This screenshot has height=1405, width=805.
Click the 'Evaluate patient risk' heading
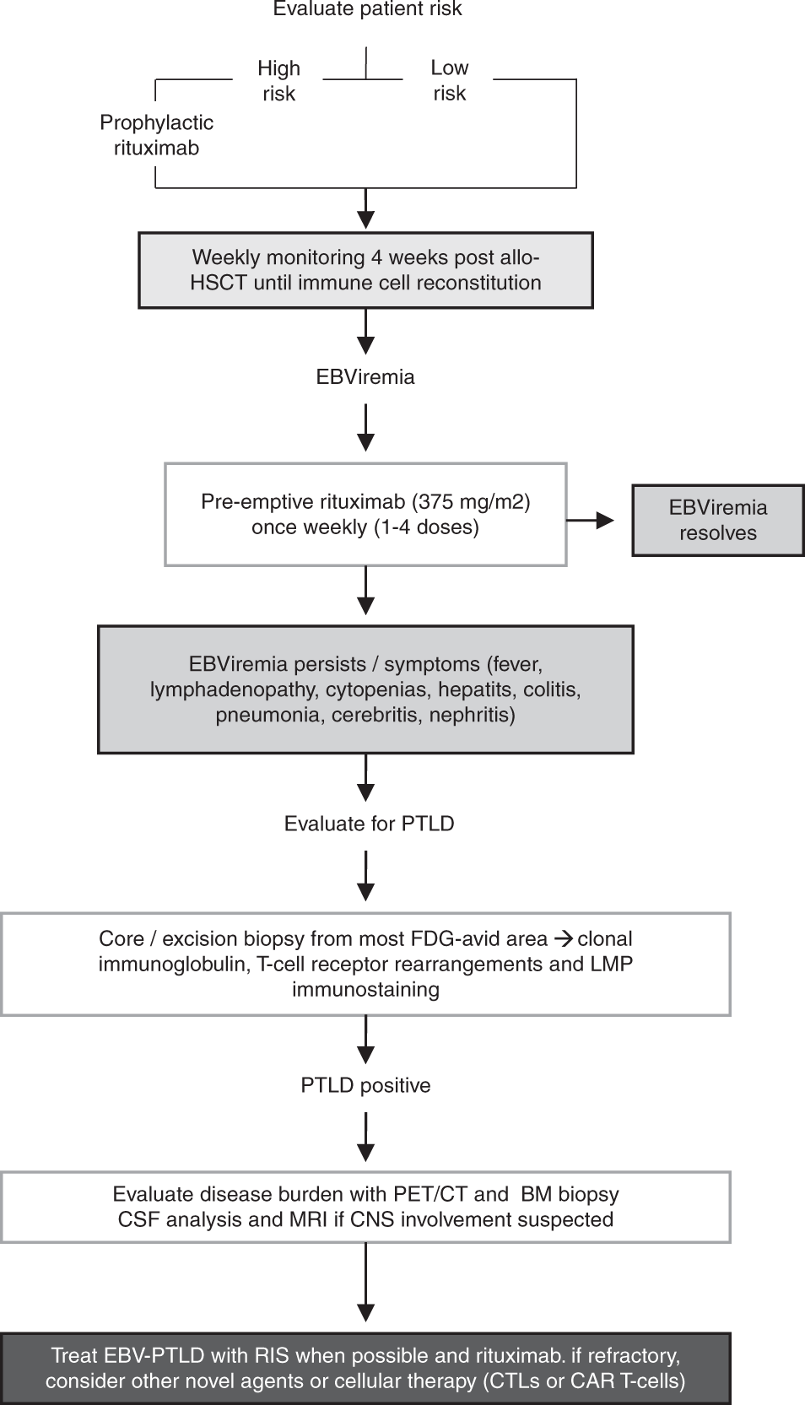pos(367,8)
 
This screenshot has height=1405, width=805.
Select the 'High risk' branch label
pos(278,80)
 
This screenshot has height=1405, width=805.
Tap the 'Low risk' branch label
pos(449,80)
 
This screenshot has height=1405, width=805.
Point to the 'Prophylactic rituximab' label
pos(156,135)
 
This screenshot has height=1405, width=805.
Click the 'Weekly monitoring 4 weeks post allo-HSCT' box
pos(366,270)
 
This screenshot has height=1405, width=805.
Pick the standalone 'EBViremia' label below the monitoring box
pos(365,377)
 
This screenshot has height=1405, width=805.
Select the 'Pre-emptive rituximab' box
pos(366,515)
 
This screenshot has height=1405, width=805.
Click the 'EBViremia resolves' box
pos(718,520)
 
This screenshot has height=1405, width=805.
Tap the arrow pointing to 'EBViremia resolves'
pos(590,520)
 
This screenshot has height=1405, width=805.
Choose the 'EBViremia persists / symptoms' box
pos(366,689)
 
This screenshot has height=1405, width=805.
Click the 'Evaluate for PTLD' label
pos(369,824)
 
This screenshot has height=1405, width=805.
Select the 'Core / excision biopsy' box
pos(366,964)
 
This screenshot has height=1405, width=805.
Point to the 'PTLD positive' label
pos(366,1085)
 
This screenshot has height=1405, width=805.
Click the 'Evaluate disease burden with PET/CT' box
pos(366,1207)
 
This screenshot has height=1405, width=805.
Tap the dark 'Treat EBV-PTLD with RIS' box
pos(366,1368)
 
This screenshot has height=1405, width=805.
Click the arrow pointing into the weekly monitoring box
pos(366,209)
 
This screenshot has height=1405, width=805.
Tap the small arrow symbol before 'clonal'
pos(564,939)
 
